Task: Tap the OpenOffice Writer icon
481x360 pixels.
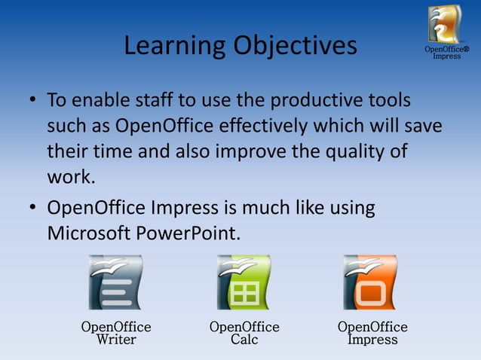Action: click(x=115, y=282)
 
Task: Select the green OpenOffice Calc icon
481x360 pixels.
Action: click(x=244, y=282)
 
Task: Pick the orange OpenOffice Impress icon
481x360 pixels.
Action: click(x=370, y=282)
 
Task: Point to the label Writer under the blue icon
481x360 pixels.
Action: click(x=116, y=340)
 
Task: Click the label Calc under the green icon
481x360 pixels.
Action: click(x=244, y=340)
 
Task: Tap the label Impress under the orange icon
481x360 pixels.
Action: click(x=372, y=340)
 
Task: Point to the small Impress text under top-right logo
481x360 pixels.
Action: click(x=446, y=56)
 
